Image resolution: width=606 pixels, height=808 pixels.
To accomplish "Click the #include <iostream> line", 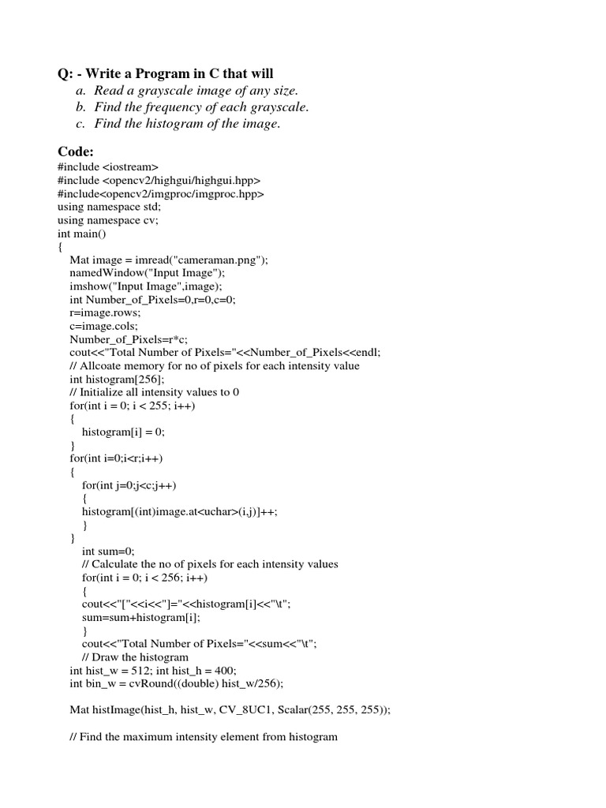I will pyautogui.click(x=108, y=168).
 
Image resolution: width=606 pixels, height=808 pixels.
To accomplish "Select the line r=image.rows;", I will pyautogui.click(x=105, y=312).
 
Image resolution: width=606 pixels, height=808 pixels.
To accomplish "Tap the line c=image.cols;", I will pyautogui.click(x=103, y=326).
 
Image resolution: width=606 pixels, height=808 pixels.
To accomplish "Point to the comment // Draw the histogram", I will pyautogui.click(x=135, y=656).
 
